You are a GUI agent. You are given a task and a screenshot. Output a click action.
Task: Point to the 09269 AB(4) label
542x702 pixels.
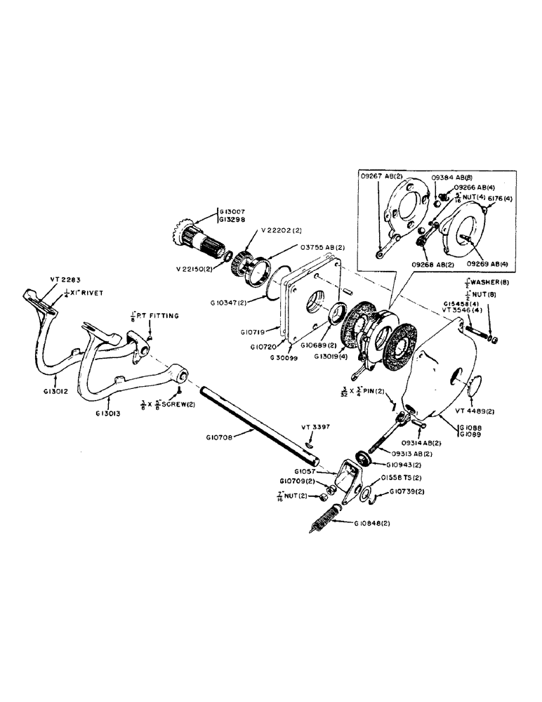[478, 262]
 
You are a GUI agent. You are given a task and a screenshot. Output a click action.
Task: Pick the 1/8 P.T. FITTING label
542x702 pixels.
[157, 316]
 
